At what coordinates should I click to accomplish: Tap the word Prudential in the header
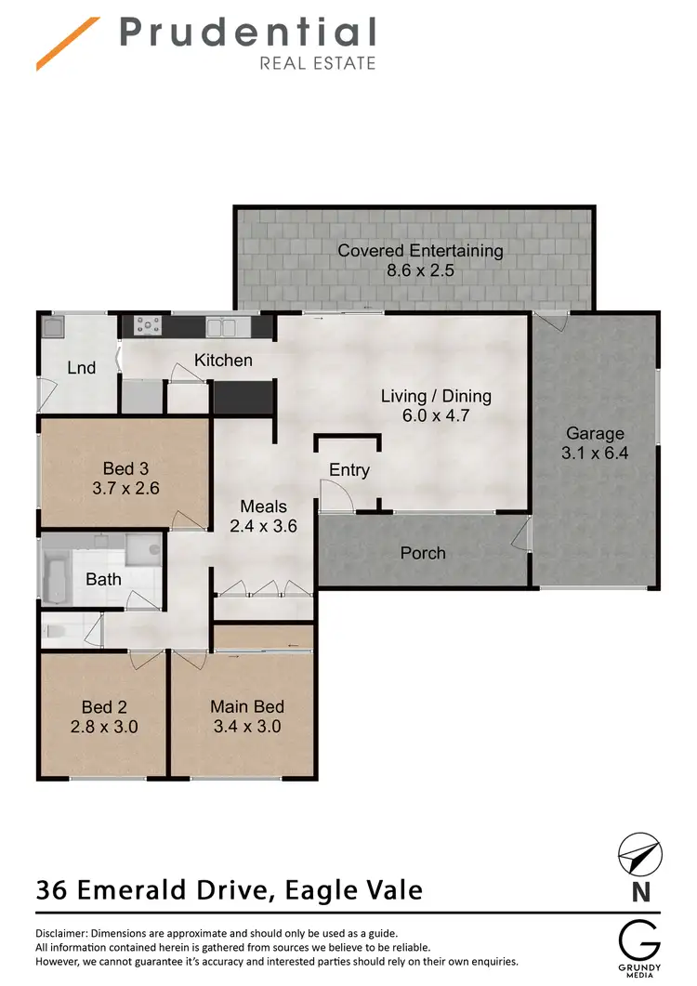click(x=246, y=33)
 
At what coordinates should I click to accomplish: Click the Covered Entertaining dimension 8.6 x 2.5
click(x=420, y=272)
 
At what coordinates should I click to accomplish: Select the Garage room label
click(x=595, y=433)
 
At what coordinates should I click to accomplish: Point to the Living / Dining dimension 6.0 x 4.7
click(x=436, y=415)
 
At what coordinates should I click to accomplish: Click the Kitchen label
click(x=223, y=360)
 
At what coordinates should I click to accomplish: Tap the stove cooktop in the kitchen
click(x=149, y=325)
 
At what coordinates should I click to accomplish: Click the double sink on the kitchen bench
click(x=221, y=326)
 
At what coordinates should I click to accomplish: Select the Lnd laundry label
click(x=82, y=368)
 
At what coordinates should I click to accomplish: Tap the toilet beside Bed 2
click(x=55, y=632)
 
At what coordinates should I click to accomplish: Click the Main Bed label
click(x=245, y=706)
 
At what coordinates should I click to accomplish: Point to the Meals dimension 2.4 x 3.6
click(x=263, y=526)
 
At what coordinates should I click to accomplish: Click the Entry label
click(x=349, y=470)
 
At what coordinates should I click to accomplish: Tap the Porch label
click(x=423, y=553)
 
